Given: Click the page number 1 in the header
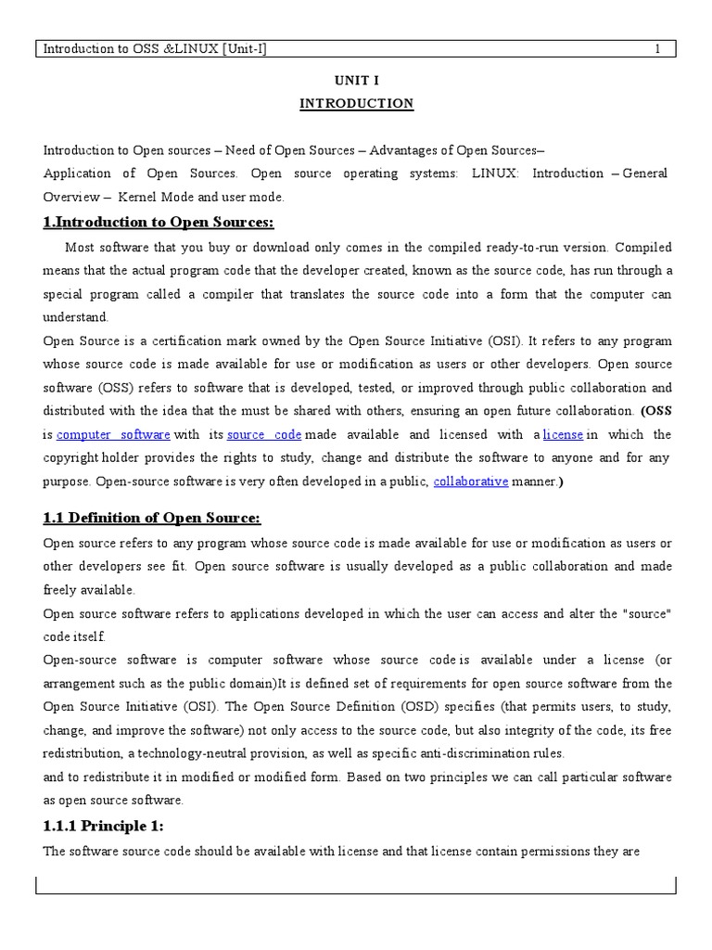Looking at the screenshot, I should (657, 49).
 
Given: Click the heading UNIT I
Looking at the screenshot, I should (356, 81).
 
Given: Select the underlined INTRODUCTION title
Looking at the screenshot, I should (356, 104).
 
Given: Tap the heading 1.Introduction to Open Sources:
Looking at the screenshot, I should (159, 222).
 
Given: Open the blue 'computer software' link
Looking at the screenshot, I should (113, 434).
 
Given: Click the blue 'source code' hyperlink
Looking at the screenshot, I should (264, 434).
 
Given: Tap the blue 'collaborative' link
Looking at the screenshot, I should (471, 481).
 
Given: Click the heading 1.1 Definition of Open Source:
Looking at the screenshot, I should (152, 518).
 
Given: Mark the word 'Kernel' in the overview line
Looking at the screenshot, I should (141, 197).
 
